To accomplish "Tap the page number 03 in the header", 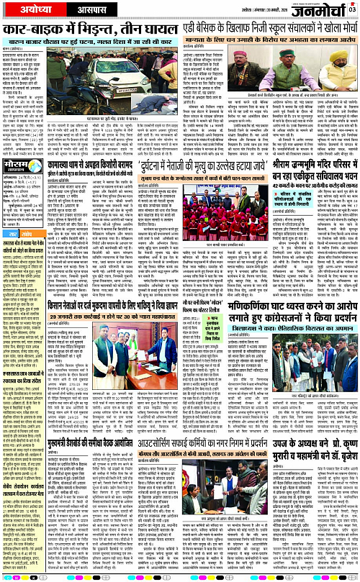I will click(x=352, y=8).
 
